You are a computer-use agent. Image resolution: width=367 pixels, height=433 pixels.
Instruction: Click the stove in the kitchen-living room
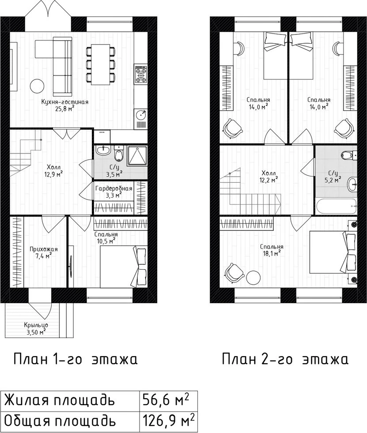pyautogui.click(x=141, y=74)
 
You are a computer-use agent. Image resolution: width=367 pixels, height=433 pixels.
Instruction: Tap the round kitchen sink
pyautogui.click(x=141, y=114)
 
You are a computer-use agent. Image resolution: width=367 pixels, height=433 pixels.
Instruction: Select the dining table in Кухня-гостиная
pyautogui.click(x=100, y=64)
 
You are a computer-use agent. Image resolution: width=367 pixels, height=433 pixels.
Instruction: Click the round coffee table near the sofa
pyautogui.click(x=37, y=86)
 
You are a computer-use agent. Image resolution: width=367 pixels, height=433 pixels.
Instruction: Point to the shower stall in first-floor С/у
pyautogui.click(x=137, y=156)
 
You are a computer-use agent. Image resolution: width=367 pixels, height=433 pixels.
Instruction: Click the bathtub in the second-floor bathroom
pyautogui.click(x=336, y=206)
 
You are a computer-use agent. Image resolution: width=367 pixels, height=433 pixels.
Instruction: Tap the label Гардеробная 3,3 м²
pyautogui.click(x=114, y=192)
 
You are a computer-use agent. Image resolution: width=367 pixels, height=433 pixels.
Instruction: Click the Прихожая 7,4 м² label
pyautogui.click(x=44, y=252)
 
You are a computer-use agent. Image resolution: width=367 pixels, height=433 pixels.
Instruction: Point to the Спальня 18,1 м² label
pyautogui.click(x=272, y=250)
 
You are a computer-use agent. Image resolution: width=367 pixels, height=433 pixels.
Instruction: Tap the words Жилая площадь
pyautogui.click(x=59, y=401)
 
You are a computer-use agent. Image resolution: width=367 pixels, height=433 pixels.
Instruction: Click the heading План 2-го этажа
pyautogui.click(x=285, y=359)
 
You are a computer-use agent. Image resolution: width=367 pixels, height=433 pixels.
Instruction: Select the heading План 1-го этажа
pyautogui.click(x=76, y=359)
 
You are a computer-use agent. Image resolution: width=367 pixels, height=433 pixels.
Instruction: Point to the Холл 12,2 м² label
pyautogui.click(x=270, y=177)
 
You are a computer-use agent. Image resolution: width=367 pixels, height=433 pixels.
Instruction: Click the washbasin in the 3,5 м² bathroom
pyautogui.click(x=103, y=151)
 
